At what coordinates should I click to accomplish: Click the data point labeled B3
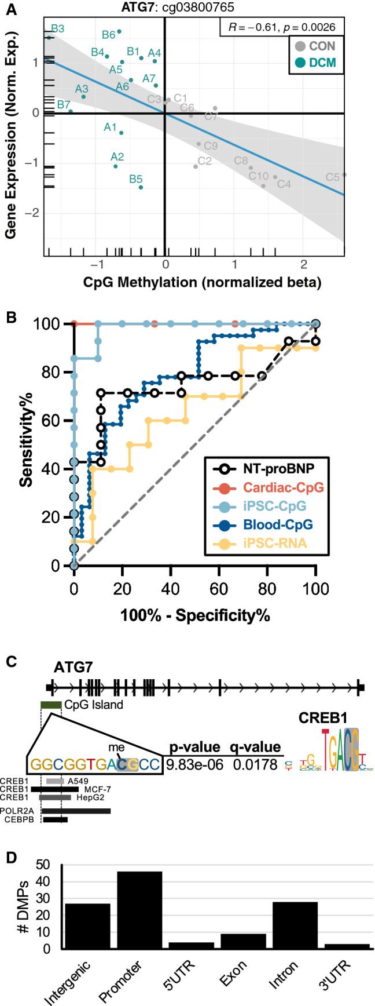click(49, 38)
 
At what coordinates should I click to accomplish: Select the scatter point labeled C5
click(344, 174)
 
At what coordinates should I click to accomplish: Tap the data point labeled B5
click(141, 187)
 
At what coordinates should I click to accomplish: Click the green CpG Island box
click(51, 705)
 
